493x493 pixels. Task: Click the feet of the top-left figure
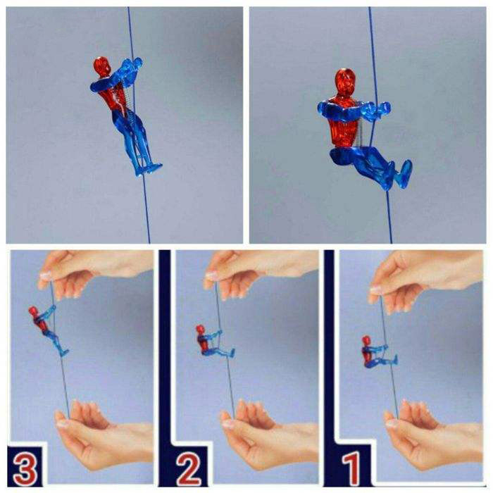(x=149, y=169)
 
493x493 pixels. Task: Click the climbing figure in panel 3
(x=48, y=330)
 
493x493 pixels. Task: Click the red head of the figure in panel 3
(x=33, y=311)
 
